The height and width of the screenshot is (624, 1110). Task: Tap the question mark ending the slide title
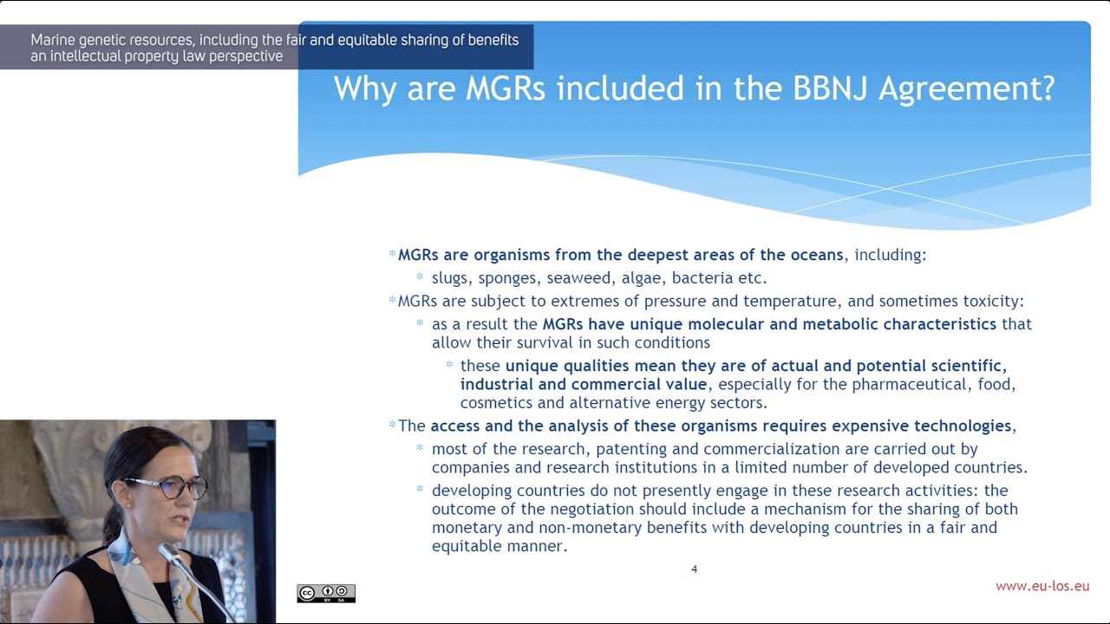(1046, 88)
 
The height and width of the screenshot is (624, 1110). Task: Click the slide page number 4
(694, 569)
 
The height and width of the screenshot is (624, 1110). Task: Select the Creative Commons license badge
(326, 594)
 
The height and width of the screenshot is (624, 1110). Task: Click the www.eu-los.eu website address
(1042, 587)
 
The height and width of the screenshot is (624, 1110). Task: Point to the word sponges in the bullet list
(507, 278)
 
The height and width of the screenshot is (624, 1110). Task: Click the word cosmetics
(497, 403)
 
